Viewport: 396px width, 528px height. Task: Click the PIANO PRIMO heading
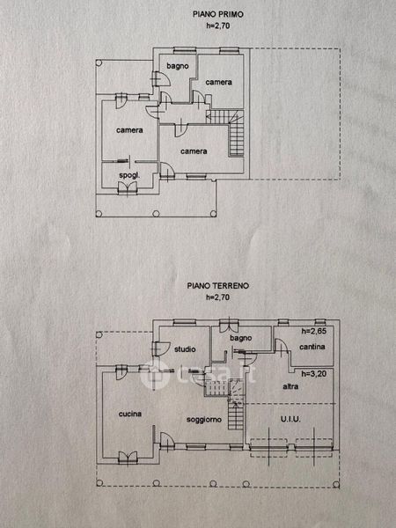click(x=218, y=14)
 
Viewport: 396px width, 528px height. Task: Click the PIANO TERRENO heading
click(x=218, y=285)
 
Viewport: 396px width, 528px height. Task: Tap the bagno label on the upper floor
click(x=178, y=66)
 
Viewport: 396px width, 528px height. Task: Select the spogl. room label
click(x=129, y=175)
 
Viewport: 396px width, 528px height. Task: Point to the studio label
click(x=185, y=349)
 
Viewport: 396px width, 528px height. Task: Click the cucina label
click(x=130, y=414)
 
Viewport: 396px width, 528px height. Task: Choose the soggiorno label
click(x=204, y=420)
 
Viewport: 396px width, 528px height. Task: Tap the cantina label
click(x=312, y=347)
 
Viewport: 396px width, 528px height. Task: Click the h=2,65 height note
click(x=314, y=331)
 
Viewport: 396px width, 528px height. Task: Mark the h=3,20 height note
click(x=314, y=373)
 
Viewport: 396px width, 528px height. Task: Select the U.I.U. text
click(x=290, y=419)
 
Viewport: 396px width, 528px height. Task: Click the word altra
click(x=290, y=386)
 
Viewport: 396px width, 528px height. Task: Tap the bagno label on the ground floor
click(x=241, y=338)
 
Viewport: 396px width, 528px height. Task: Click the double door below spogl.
click(x=128, y=188)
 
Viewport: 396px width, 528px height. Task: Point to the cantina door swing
click(x=282, y=346)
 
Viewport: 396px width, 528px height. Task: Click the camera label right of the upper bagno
click(x=218, y=82)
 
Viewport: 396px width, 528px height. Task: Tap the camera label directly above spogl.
click(x=129, y=130)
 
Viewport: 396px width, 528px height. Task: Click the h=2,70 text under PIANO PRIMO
click(x=218, y=26)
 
